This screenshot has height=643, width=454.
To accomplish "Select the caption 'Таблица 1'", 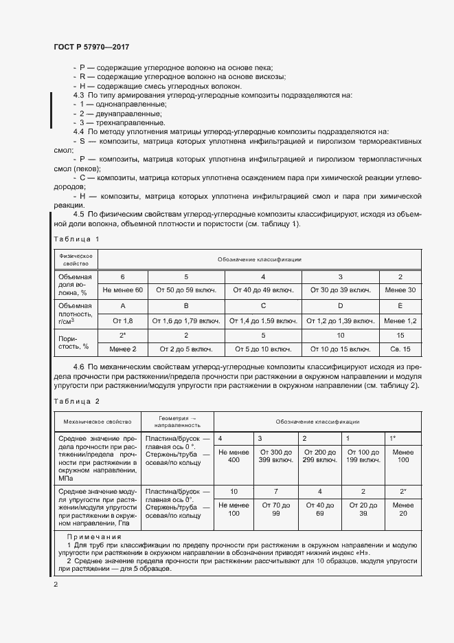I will coord(76,239).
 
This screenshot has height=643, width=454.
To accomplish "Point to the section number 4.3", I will coord(78,95).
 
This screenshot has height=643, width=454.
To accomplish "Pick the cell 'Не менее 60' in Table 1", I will coord(123,290).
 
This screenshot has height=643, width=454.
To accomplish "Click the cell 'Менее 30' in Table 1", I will coord(401,290).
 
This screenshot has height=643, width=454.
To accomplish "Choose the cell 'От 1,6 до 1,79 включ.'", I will coord(186,320).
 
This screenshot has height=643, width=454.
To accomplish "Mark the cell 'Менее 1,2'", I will coord(401,320).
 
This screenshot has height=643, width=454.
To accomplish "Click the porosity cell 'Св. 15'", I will coord(401,349).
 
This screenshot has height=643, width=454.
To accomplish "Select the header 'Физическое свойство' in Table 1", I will coord(76,259).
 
